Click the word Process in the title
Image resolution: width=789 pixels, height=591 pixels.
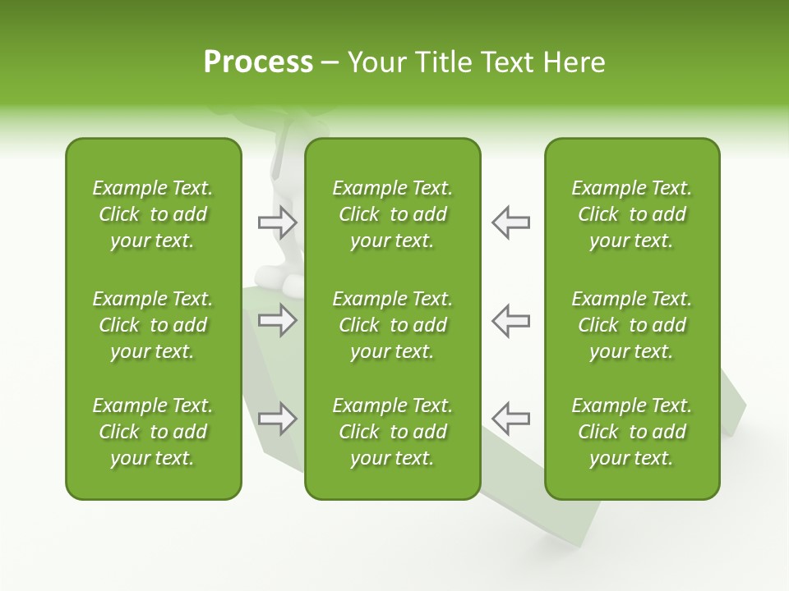click(x=258, y=62)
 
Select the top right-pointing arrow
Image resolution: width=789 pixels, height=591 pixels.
click(x=277, y=222)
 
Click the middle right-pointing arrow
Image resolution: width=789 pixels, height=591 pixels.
click(x=277, y=320)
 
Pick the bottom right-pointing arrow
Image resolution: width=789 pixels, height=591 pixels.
click(x=277, y=419)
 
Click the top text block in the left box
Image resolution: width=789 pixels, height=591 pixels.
click(x=153, y=214)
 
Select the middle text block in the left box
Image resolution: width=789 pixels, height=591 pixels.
click(x=153, y=325)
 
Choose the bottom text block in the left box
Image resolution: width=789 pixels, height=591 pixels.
click(x=153, y=432)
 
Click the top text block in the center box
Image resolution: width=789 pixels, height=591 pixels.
click(x=392, y=214)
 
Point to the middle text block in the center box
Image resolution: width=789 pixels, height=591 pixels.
click(x=392, y=325)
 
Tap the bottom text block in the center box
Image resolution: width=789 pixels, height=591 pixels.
click(x=392, y=432)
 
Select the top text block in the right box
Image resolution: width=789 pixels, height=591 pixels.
click(x=631, y=214)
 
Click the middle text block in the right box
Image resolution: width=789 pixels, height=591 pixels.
click(x=631, y=325)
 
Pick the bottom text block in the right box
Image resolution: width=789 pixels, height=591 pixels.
click(x=631, y=432)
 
